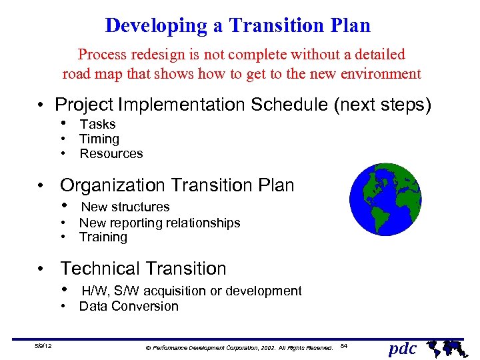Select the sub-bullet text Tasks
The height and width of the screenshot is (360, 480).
[x=97, y=125]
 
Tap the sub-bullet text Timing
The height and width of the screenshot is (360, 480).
[x=99, y=139]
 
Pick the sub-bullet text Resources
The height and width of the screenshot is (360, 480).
[x=111, y=154]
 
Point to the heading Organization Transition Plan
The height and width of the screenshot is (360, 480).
[x=177, y=185]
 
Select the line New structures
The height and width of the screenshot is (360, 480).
[x=125, y=207]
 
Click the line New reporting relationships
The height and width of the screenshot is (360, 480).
[x=159, y=223]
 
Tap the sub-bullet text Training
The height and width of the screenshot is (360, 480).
[x=103, y=237]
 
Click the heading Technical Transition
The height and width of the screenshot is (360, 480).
[x=143, y=269]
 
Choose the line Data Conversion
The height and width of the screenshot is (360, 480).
[x=129, y=307]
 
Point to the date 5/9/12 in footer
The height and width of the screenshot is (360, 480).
[x=45, y=345]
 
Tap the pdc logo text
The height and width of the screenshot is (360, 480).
[x=402, y=348]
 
